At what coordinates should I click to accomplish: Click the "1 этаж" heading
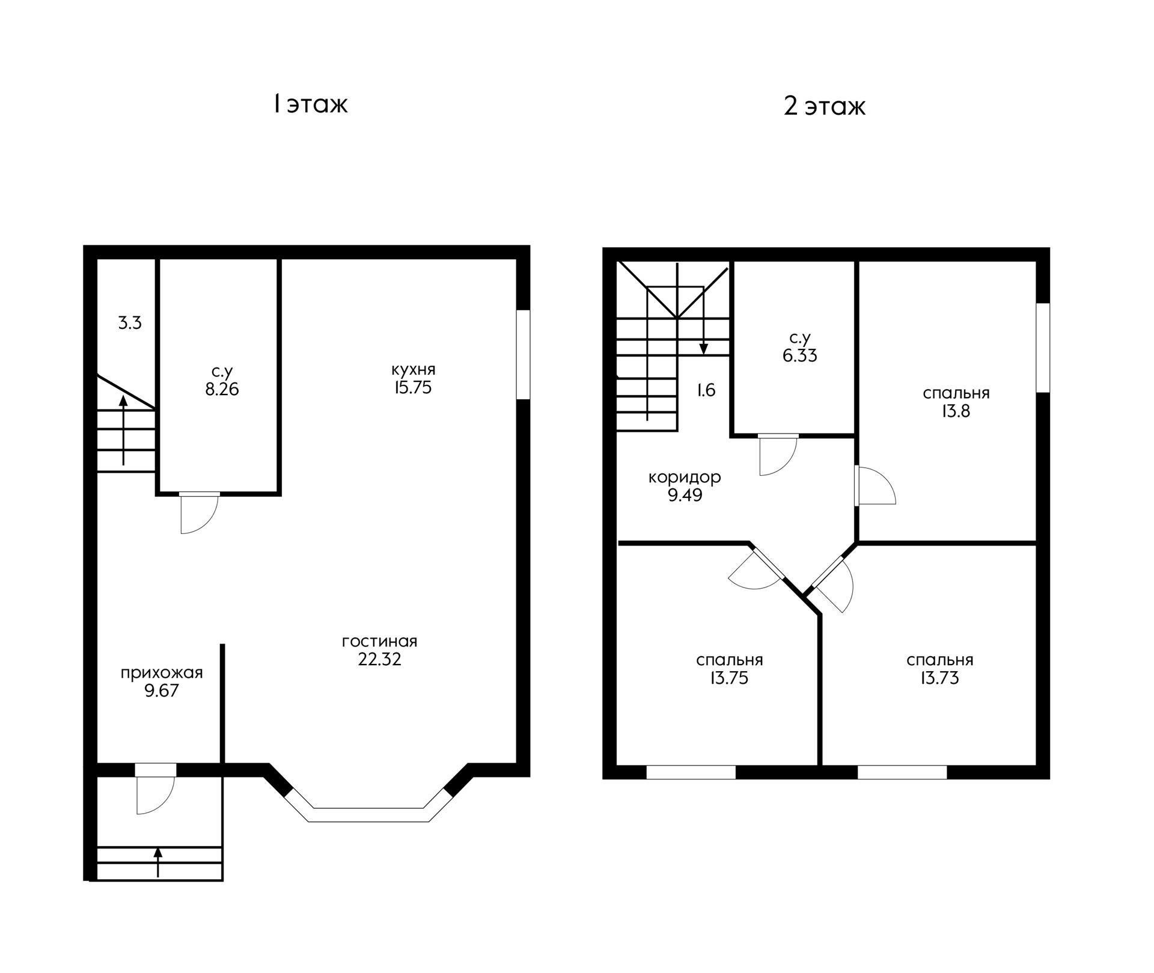(310, 104)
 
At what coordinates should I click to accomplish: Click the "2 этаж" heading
(825, 106)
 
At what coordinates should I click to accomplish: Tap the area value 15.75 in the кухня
(413, 387)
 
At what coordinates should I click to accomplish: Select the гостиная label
(379, 641)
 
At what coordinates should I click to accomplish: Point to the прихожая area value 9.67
(162, 690)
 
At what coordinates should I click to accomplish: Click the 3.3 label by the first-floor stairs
(130, 323)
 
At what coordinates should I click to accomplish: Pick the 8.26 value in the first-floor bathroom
(222, 389)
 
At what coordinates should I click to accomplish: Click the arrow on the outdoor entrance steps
(158, 862)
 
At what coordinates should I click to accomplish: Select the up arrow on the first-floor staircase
(123, 430)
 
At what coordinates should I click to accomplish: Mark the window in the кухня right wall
(524, 354)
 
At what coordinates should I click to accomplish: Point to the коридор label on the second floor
(685, 477)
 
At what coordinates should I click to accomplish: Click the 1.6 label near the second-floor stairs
(706, 390)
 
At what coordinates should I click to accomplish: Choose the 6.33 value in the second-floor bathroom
(800, 355)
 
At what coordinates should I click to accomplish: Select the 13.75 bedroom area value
(729, 678)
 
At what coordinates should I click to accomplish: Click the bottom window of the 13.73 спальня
(902, 772)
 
